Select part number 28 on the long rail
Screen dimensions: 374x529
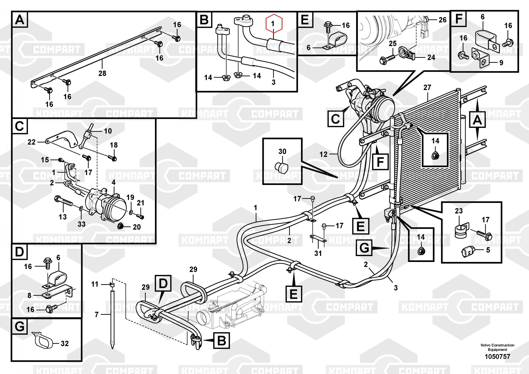click(x=102, y=73)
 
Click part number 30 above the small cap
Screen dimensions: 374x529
click(x=282, y=152)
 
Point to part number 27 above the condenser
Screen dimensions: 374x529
click(x=427, y=87)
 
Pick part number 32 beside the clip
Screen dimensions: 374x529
click(x=65, y=344)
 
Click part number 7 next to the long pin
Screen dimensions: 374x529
click(x=97, y=314)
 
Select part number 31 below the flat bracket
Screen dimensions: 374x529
click(x=318, y=253)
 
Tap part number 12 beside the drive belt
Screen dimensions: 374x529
click(x=323, y=154)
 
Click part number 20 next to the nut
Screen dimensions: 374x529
click(x=136, y=227)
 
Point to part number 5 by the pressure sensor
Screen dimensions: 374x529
click(x=488, y=250)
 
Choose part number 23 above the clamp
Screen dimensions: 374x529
click(x=459, y=211)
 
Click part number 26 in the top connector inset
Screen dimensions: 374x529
click(x=443, y=20)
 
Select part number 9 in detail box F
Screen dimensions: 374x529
click(x=501, y=63)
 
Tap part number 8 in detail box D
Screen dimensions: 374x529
click(x=29, y=295)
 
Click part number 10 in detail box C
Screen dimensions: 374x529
click(x=108, y=131)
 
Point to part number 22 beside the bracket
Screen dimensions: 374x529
click(x=31, y=142)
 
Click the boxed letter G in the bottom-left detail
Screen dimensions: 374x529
click(x=20, y=327)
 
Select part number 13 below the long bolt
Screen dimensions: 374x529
click(x=62, y=217)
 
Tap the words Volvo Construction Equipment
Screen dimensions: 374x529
click(x=497, y=347)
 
